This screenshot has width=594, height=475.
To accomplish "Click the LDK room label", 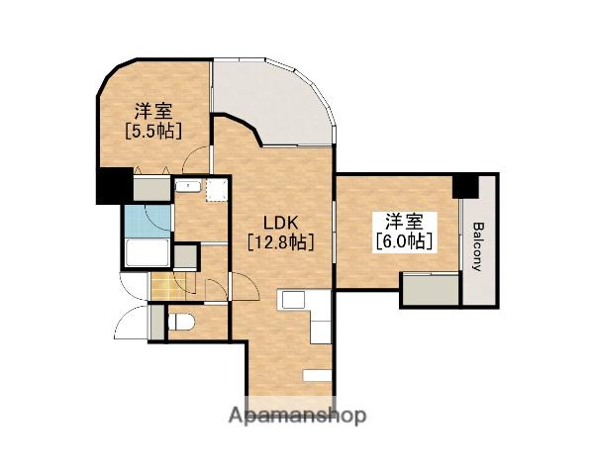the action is pyautogui.click(x=281, y=223).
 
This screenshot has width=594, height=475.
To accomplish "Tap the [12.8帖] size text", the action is pyautogui.click(x=281, y=241).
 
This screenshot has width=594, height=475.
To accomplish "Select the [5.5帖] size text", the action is pyautogui.click(x=153, y=131).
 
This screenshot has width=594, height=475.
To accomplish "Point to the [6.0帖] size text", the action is pyautogui.click(x=405, y=240).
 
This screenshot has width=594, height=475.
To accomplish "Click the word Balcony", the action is pyautogui.click(x=479, y=247).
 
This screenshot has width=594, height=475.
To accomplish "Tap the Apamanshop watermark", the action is pyautogui.click(x=297, y=416).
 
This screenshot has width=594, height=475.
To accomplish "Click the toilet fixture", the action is pyautogui.click(x=181, y=323).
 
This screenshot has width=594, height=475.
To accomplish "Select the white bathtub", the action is pyautogui.click(x=148, y=252).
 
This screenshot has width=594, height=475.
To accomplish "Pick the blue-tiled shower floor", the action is pyautogui.click(x=148, y=222).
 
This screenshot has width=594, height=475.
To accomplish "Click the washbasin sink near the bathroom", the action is pyautogui.click(x=188, y=186).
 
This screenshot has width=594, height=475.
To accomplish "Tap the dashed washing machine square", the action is pyautogui.click(x=217, y=190).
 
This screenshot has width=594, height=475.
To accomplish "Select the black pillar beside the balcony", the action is pyautogui.click(x=466, y=187).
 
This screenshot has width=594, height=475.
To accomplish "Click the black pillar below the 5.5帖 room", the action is pyautogui.click(x=115, y=186).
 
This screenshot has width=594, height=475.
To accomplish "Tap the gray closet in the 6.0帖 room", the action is pyautogui.click(x=431, y=290).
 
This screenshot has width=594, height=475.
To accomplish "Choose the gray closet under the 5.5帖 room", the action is pyautogui.click(x=152, y=188).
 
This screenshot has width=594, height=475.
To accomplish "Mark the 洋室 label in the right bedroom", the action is pyautogui.click(x=404, y=222).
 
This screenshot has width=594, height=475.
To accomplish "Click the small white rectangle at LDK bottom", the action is pyautogui.click(x=317, y=375).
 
